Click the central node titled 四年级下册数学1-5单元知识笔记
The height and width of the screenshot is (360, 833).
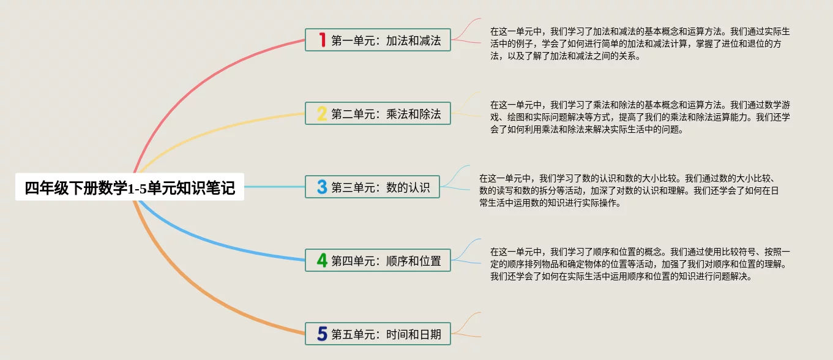(130, 187)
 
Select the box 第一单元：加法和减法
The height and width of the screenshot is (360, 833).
(378, 40)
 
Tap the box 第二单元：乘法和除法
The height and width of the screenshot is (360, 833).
(378, 113)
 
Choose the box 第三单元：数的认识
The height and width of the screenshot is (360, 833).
(372, 187)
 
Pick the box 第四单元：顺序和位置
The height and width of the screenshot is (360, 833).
(378, 260)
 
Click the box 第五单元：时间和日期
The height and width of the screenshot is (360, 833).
(378, 334)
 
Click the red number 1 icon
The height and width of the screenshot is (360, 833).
(323, 40)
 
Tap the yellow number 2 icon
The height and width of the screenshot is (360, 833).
(322, 113)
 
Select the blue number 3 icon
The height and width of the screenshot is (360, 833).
(322, 187)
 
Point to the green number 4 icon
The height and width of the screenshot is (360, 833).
(322, 260)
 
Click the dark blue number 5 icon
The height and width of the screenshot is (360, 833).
(322, 334)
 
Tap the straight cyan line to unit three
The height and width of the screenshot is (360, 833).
(274, 187)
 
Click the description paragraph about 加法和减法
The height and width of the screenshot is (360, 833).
(640, 43)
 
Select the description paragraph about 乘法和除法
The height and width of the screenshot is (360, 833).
(640, 117)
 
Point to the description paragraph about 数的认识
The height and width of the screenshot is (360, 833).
(629, 190)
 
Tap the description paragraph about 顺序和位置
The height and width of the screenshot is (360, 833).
(640, 264)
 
